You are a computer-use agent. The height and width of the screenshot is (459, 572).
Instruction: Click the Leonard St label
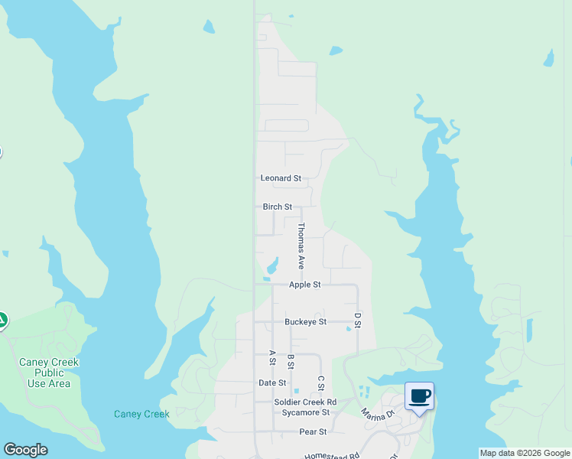(x=281, y=178)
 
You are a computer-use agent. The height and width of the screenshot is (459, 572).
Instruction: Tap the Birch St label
(x=278, y=207)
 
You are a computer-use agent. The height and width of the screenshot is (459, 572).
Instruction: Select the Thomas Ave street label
(x=301, y=246)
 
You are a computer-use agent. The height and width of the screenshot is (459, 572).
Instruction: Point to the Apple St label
(x=304, y=285)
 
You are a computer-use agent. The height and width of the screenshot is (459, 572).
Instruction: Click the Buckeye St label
(x=306, y=322)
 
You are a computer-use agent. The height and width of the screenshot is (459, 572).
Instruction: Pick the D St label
(x=357, y=320)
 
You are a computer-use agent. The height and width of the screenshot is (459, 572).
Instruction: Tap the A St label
(x=272, y=357)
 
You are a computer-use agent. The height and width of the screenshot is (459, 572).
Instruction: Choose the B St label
(x=291, y=361)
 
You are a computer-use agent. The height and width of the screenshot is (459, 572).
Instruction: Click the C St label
(x=321, y=383)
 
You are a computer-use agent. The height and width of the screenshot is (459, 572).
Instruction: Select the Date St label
(x=272, y=383)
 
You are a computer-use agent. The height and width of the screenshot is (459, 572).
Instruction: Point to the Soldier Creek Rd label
(x=305, y=402)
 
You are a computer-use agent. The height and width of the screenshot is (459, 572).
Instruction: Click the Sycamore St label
(x=303, y=412)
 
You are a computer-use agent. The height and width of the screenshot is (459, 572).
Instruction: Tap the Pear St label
(x=313, y=432)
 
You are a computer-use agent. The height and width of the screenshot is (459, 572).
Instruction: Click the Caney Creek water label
(x=141, y=415)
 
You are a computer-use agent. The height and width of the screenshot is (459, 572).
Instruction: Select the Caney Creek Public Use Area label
(x=49, y=373)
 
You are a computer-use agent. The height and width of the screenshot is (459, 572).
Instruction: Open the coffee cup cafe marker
(x=419, y=396)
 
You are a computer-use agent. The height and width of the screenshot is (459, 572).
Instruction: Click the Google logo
(x=25, y=450)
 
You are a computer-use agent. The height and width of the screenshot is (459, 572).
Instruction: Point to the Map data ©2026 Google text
(x=525, y=453)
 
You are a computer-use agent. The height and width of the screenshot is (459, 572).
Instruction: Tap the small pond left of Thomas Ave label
(x=271, y=267)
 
